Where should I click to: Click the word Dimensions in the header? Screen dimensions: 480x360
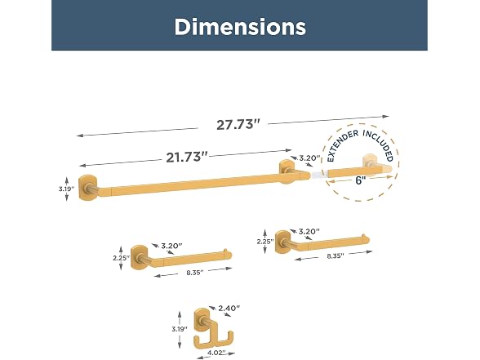(x=240, y=27)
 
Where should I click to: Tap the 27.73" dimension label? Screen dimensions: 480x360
(x=238, y=125)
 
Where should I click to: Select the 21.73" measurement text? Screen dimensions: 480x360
(x=187, y=158)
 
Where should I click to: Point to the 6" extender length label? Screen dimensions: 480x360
(x=361, y=180)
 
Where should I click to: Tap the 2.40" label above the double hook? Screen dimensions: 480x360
(x=229, y=308)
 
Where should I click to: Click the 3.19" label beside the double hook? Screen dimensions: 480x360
(x=180, y=330)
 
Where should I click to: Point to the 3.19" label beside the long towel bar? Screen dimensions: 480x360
(x=66, y=189)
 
